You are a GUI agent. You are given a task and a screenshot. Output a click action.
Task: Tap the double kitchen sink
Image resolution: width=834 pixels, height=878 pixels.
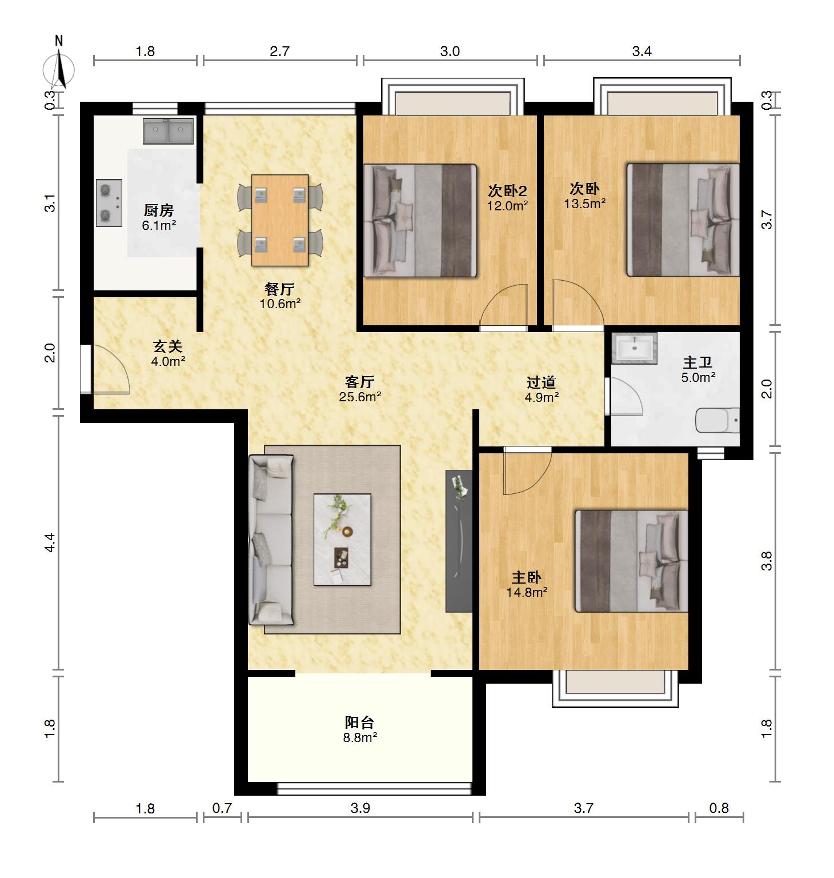(x=169, y=131)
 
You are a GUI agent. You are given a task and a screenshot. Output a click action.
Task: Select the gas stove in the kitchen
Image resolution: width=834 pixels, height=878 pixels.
(x=109, y=203)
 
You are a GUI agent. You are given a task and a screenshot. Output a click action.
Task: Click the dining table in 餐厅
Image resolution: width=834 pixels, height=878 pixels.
(x=280, y=220)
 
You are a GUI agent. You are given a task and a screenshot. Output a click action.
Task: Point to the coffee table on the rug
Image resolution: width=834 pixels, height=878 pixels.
(x=342, y=540)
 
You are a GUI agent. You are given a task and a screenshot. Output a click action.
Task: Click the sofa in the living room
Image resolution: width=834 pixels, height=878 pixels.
(x=271, y=540)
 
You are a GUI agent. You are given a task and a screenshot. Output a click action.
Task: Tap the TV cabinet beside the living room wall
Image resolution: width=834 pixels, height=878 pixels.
(x=459, y=541)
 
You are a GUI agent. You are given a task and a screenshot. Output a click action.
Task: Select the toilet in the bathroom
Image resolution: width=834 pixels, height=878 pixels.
(x=717, y=421)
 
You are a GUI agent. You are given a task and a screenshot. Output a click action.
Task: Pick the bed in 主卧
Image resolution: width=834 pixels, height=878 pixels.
(x=631, y=561)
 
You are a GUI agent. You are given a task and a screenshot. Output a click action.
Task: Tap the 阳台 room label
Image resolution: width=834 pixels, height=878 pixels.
(x=360, y=723)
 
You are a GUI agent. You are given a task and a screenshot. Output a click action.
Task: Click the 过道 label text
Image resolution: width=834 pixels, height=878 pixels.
(x=541, y=382)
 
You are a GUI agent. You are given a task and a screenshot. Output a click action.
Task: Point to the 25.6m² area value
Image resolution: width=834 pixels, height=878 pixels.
(x=360, y=397)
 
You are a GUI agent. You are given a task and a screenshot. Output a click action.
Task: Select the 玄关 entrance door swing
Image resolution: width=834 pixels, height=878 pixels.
(x=106, y=369)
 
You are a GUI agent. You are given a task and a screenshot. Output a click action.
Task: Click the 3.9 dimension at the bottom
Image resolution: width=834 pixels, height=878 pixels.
(x=360, y=808)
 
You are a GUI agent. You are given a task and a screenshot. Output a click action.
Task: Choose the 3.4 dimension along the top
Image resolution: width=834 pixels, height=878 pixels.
(x=641, y=51)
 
